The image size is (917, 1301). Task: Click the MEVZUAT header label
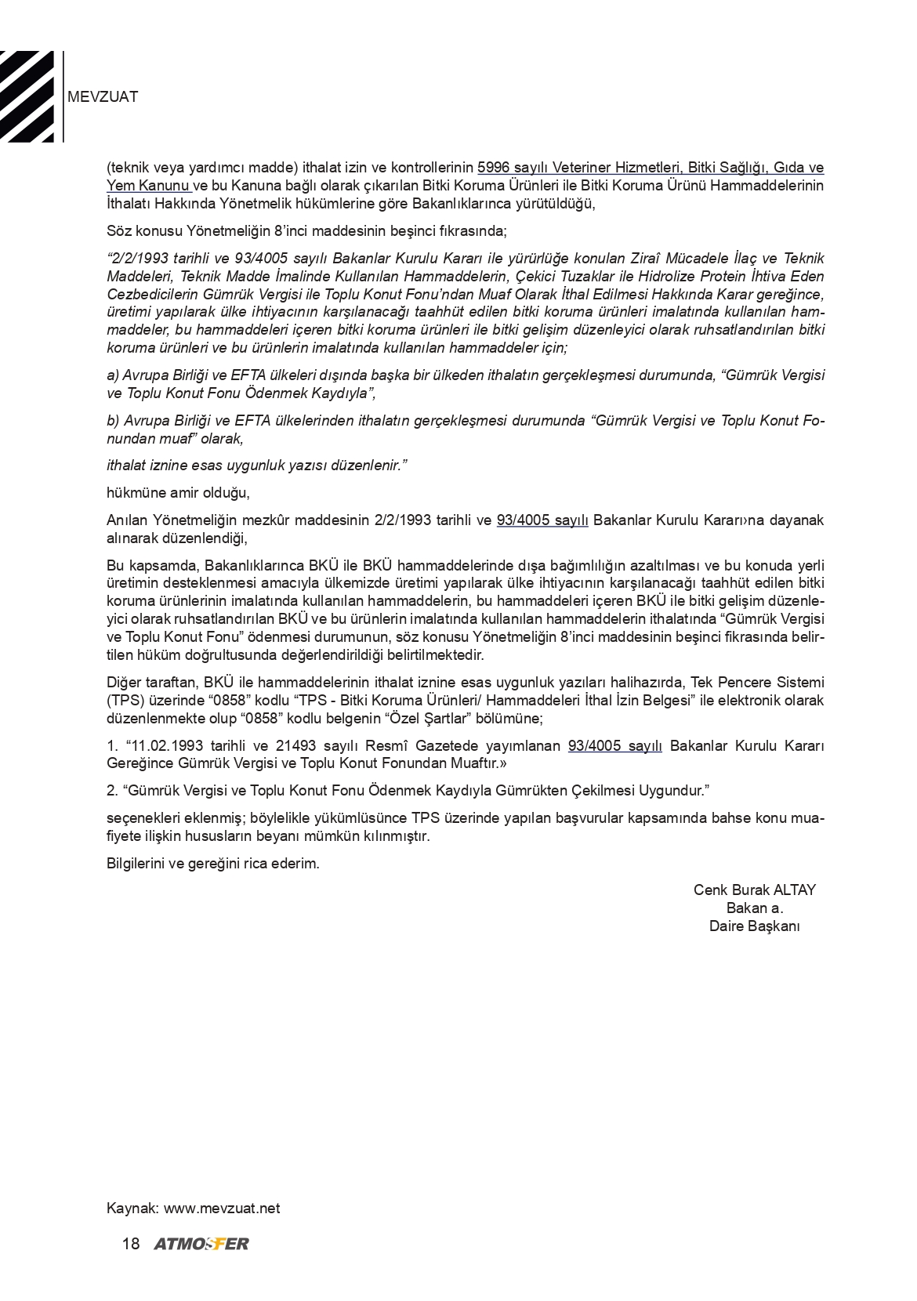coord(103,97)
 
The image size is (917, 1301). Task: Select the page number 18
coord(131,1244)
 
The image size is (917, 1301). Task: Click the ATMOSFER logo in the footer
coord(201,1244)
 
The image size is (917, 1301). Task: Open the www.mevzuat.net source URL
coord(222,1208)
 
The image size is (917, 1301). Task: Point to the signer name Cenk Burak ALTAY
coord(754,890)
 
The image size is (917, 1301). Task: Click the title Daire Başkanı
coord(754,926)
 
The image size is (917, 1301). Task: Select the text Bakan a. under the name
coord(754,908)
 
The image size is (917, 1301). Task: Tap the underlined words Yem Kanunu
coord(148,186)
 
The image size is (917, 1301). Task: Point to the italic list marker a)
coord(113,375)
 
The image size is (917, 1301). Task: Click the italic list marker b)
coord(113,421)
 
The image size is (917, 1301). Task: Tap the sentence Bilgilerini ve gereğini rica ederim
coord(213,864)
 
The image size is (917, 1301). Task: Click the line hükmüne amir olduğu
coord(178,493)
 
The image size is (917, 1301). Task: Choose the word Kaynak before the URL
coord(132,1208)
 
